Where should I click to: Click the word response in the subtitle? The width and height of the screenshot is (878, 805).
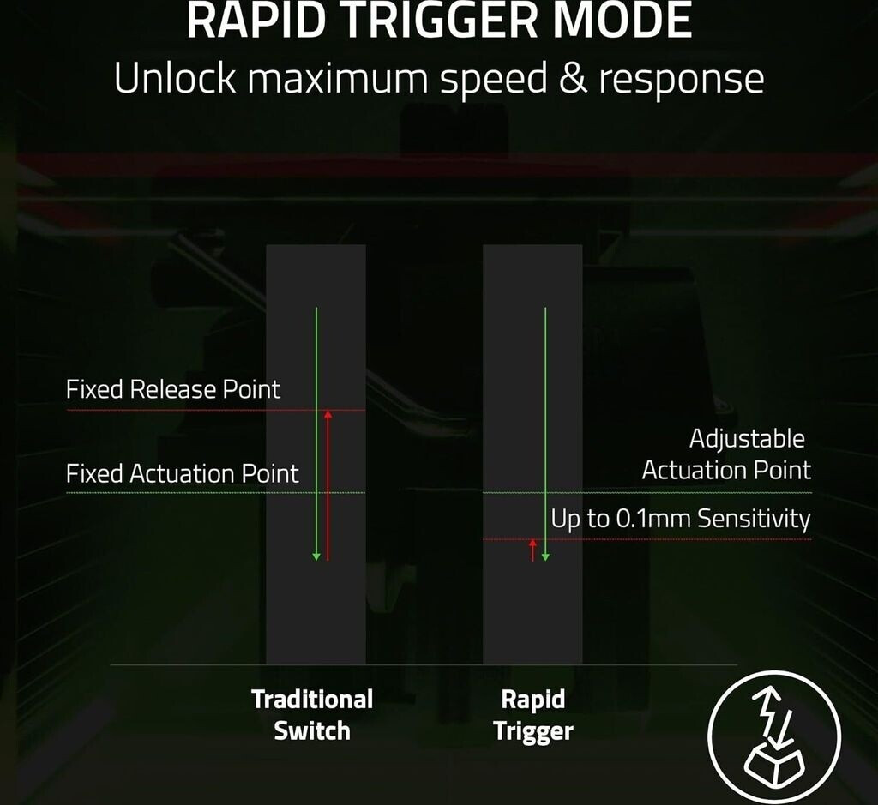681,80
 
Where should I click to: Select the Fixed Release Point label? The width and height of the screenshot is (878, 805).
173,390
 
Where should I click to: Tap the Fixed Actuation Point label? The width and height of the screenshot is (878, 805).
183,473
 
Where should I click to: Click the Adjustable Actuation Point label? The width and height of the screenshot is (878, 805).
726,454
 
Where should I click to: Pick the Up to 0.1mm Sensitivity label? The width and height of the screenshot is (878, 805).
681,519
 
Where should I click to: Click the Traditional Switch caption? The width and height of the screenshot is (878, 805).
312,715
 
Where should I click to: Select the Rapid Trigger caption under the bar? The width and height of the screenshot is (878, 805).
533,715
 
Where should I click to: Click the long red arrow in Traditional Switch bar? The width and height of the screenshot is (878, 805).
328,484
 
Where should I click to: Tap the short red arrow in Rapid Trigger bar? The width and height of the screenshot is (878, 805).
532,550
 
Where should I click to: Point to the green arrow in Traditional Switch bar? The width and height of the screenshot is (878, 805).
316,433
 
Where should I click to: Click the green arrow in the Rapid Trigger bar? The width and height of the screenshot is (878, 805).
545,433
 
